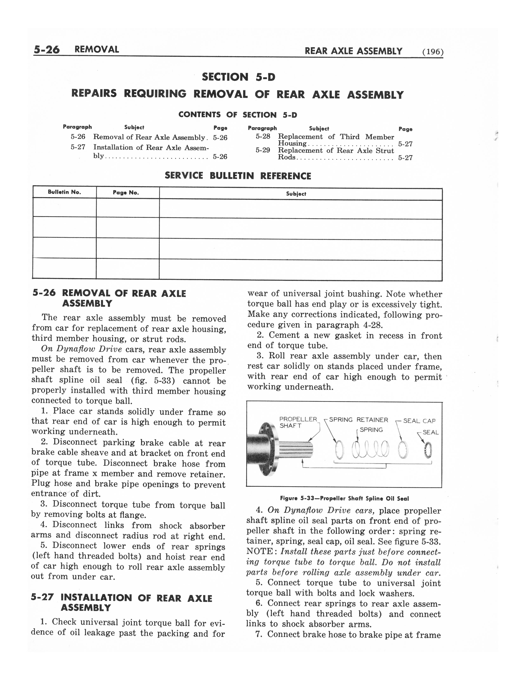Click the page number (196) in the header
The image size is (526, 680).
pos(433,52)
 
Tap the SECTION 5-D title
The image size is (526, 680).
pos(238,77)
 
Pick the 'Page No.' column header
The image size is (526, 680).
pos(126,193)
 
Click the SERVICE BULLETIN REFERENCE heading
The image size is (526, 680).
pos(238,176)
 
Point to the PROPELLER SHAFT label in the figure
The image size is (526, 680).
pos(298,422)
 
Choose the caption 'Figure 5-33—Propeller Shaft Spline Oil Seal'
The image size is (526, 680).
pos(344,498)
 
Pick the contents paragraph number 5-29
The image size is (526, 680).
pos(263,150)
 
